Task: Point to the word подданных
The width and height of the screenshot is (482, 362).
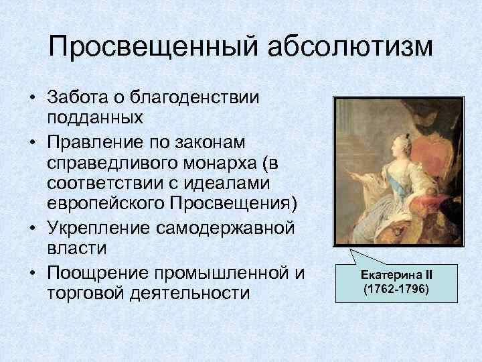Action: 94,119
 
